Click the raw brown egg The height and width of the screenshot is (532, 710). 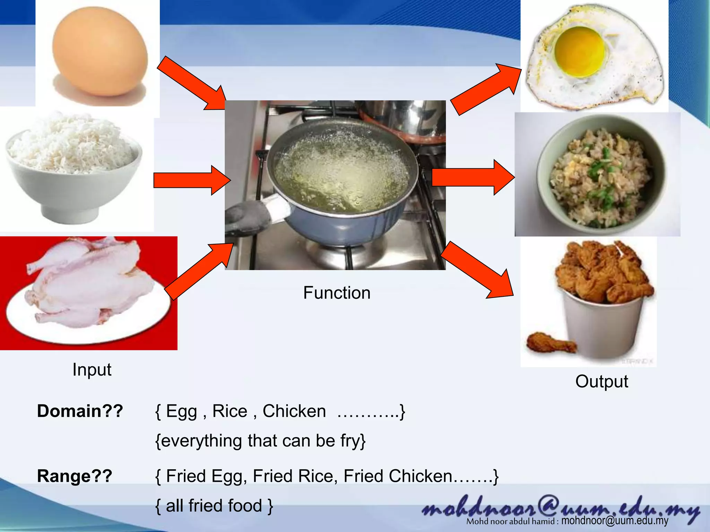pos(100,52)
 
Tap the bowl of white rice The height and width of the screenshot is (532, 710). pos(73,166)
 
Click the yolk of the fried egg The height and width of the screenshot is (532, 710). pos(580,52)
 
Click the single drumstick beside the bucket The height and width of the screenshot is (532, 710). pos(549,343)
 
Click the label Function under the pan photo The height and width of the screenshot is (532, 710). pos(337,293)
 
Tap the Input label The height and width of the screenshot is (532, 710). pos(92,370)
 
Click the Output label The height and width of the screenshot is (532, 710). pos(601,382)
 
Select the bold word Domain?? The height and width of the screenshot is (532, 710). pos(80,411)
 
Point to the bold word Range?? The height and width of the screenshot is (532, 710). pos(75,476)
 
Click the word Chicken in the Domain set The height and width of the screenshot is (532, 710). pos(294,411)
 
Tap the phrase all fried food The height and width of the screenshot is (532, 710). pos(214,506)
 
